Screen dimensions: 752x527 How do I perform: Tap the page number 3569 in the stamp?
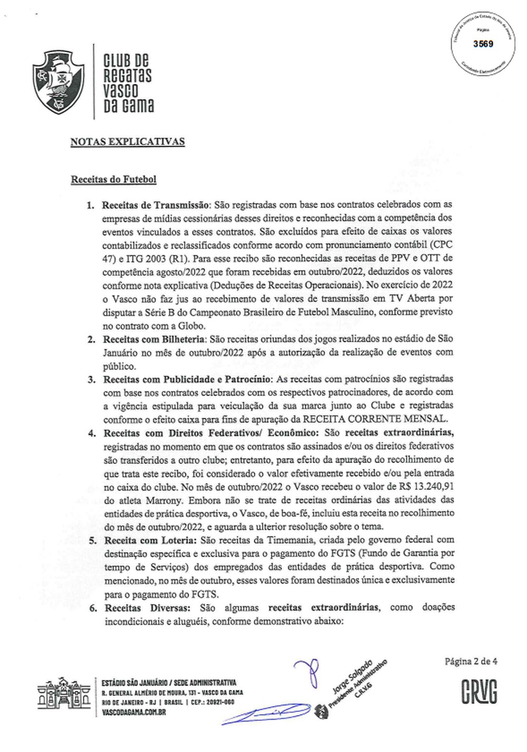[483, 44]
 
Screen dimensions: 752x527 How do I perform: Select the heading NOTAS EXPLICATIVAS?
[128, 141]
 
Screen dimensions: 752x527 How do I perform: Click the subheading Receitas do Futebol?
[113, 179]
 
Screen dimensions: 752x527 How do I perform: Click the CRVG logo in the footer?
[479, 692]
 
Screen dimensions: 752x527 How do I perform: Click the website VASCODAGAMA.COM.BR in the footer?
[134, 711]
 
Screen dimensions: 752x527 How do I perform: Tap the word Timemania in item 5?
[278, 540]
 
